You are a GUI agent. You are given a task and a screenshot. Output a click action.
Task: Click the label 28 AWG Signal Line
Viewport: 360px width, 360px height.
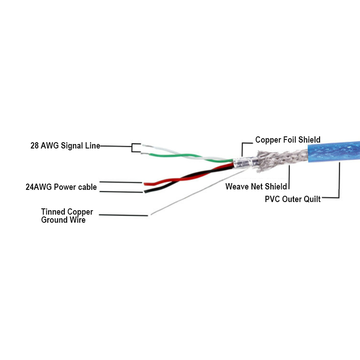(63, 146)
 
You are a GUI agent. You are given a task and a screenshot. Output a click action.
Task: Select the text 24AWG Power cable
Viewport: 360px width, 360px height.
(61, 187)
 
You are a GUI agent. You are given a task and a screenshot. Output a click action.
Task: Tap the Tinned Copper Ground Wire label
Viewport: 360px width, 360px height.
(67, 216)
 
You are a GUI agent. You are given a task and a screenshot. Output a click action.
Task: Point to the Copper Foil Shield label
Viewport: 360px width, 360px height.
(288, 140)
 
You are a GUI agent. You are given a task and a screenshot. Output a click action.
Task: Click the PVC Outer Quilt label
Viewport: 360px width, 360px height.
(293, 199)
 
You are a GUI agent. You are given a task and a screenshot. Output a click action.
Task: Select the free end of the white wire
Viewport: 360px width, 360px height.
(144, 146)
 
